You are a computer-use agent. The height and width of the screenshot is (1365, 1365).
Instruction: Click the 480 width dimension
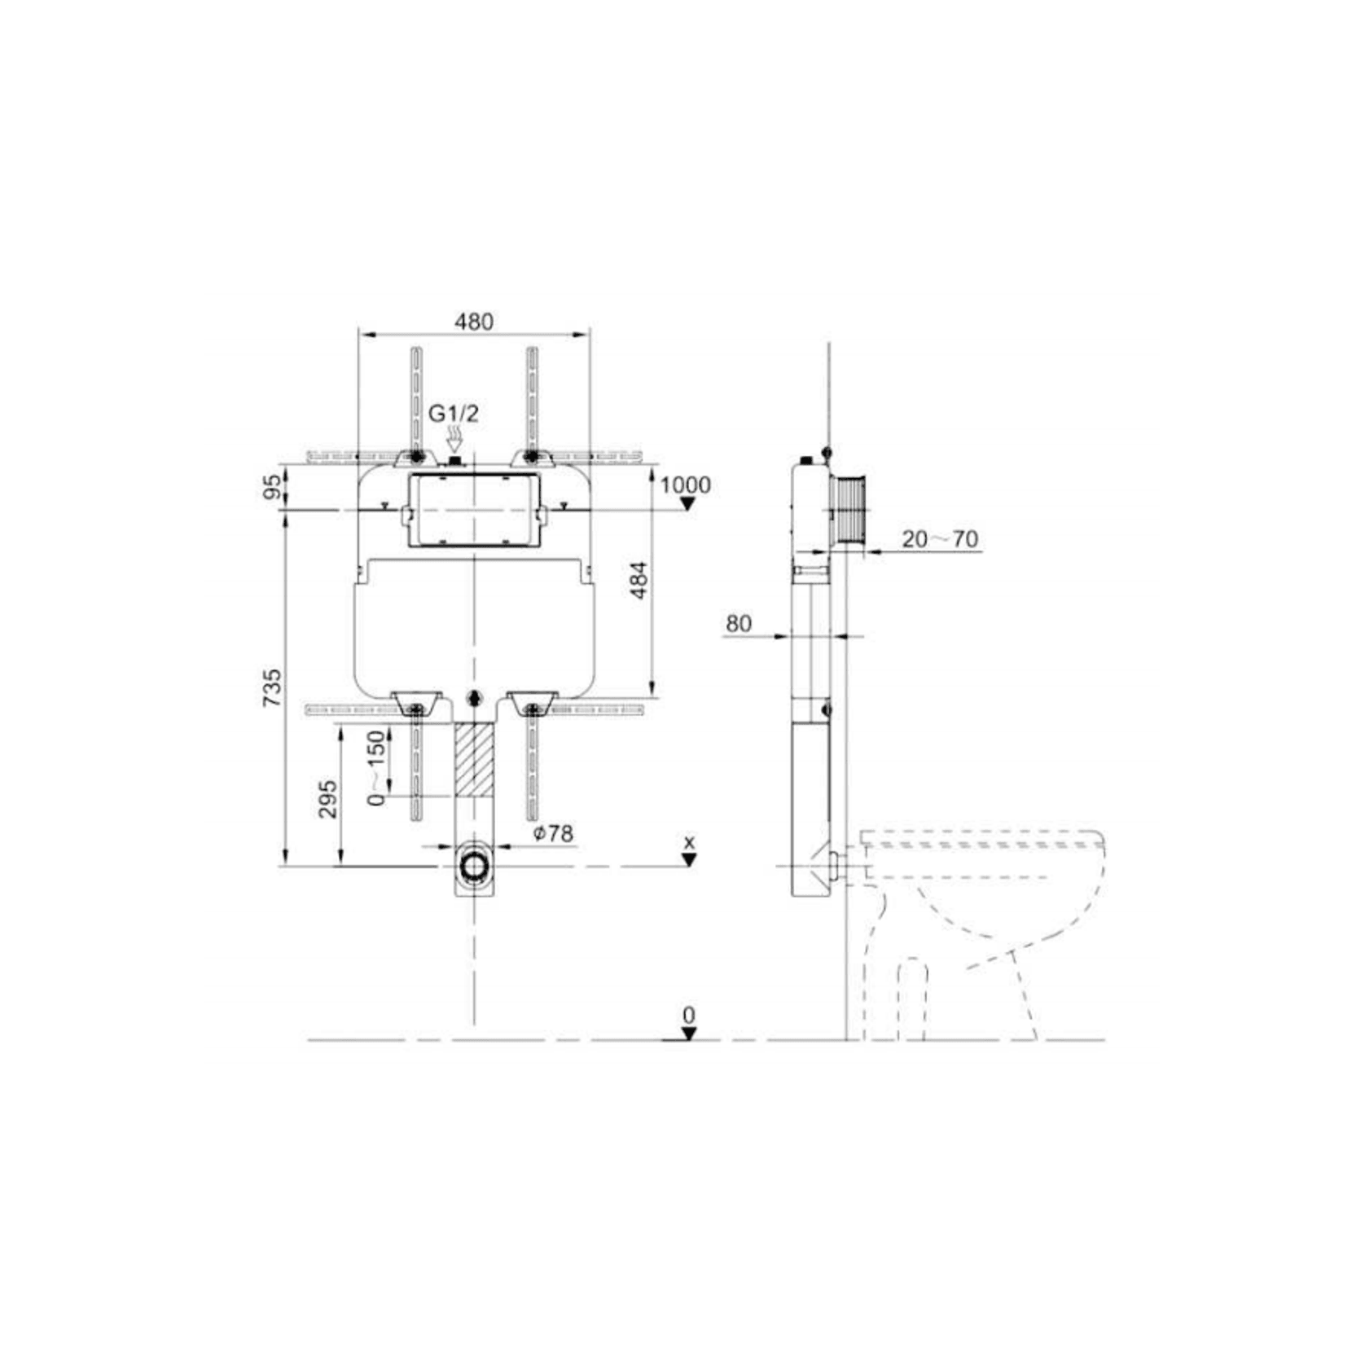pyautogui.click(x=474, y=322)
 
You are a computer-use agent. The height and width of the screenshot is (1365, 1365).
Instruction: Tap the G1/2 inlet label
pyautogui.click(x=454, y=414)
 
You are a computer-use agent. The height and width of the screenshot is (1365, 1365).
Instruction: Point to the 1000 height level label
pyautogui.click(x=685, y=485)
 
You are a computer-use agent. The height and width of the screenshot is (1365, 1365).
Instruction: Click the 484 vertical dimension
pyautogui.click(x=639, y=580)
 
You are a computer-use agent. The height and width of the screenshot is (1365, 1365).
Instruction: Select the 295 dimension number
pyautogui.click(x=327, y=799)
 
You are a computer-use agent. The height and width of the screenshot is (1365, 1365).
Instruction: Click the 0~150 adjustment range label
pyautogui.click(x=375, y=767)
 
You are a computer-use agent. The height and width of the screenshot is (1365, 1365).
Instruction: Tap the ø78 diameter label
pyautogui.click(x=553, y=833)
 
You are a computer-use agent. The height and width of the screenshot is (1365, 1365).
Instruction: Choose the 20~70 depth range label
pyautogui.click(x=940, y=539)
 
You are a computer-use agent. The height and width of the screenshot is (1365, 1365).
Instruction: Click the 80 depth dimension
pyautogui.click(x=739, y=624)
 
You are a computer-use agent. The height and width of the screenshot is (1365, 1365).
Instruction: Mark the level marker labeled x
pyautogui.click(x=690, y=842)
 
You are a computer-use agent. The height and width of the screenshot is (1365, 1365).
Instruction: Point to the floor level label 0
pyautogui.click(x=689, y=1016)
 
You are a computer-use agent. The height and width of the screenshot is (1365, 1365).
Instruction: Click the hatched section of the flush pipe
pyautogui.click(x=474, y=759)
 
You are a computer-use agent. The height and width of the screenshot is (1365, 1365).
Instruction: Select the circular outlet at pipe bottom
pyautogui.click(x=474, y=866)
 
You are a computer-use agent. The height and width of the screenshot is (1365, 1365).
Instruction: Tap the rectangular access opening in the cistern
pyautogui.click(x=474, y=510)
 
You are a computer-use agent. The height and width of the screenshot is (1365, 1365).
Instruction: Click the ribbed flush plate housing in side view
pyautogui.click(x=850, y=509)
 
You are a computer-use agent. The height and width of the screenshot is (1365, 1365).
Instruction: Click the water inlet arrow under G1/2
pyautogui.click(x=454, y=442)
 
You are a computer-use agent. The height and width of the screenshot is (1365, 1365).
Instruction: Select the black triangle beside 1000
pyautogui.click(x=687, y=504)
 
